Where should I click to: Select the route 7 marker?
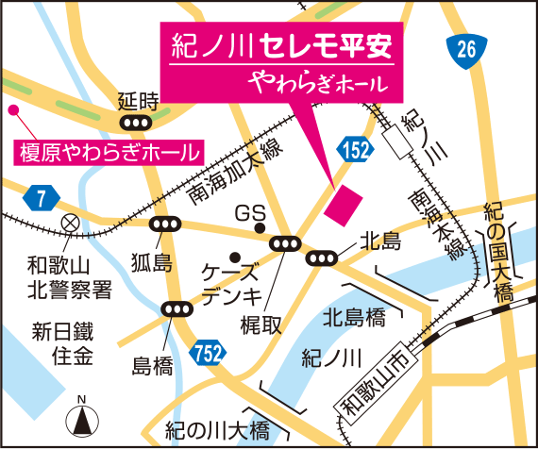click(x=42, y=197)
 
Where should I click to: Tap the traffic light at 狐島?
click(x=166, y=224)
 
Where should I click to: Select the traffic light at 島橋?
click(x=177, y=308)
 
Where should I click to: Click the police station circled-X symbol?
click(x=69, y=223)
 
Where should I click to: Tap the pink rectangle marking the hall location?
click(x=342, y=205)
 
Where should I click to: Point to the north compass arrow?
click(x=82, y=417)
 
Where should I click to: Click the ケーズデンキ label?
click(x=230, y=281)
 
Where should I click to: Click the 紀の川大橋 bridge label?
click(x=216, y=430)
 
